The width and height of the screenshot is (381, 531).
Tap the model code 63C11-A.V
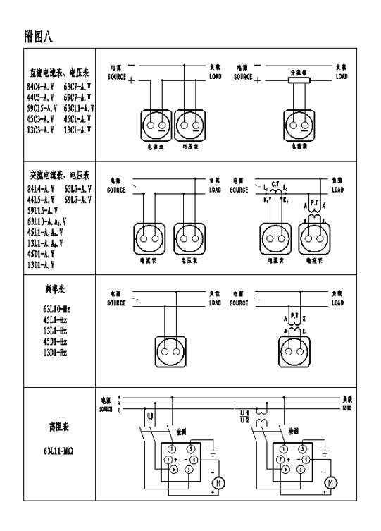pos(77,109)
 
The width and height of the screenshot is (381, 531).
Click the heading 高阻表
pos(57,427)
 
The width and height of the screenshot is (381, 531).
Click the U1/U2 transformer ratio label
pos(245,415)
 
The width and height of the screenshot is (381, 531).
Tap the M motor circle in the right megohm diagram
pos(329,482)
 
